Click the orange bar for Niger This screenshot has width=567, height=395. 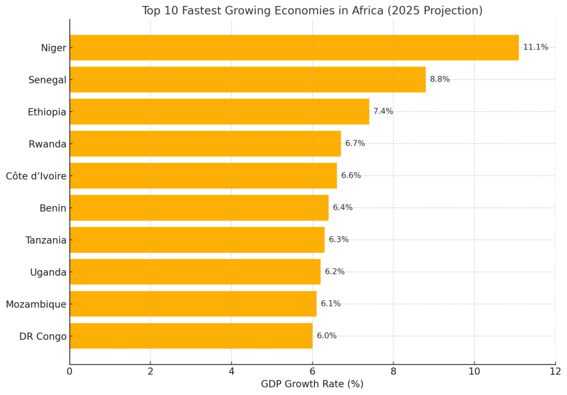click(x=294, y=48)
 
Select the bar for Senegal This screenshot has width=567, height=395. click(x=248, y=80)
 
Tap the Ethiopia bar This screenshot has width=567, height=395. click(x=219, y=112)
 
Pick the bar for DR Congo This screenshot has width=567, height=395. click(x=191, y=336)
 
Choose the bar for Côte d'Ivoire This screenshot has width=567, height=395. click(x=203, y=175)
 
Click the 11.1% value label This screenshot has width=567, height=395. click(x=535, y=48)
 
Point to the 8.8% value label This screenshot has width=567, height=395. click(x=440, y=80)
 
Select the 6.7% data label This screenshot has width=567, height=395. click(x=355, y=144)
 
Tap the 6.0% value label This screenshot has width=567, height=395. click(x=327, y=336)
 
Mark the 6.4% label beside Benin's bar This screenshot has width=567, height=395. click(x=343, y=208)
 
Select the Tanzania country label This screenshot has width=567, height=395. click(x=45, y=240)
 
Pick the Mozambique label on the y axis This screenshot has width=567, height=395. click(x=36, y=304)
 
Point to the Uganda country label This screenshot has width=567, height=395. click(x=48, y=272)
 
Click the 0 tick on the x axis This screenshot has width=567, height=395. click(x=70, y=371)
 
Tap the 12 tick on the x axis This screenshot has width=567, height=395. click(x=555, y=371)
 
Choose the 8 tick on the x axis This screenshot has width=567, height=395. click(x=393, y=371)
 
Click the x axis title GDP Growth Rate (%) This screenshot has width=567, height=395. click(x=312, y=384)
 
